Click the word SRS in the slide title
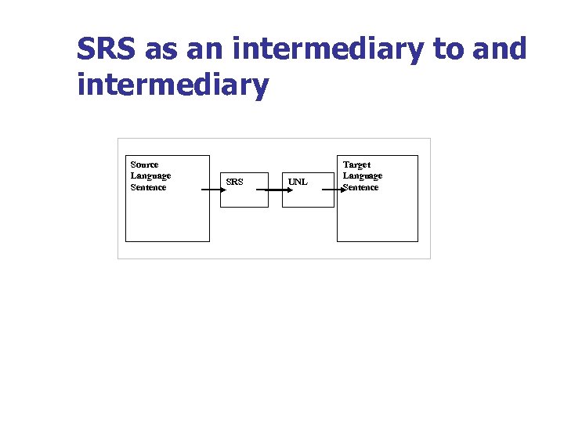pyautogui.click(x=107, y=49)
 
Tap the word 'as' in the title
pyautogui.click(x=161, y=49)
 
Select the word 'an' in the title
pyautogui.click(x=203, y=49)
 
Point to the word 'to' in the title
pyautogui.click(x=449, y=49)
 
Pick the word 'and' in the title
pyautogui.click(x=501, y=49)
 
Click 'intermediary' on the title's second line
pyautogui.click(x=172, y=85)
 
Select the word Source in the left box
pyautogui.click(x=144, y=164)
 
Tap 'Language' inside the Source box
pyautogui.click(x=150, y=175)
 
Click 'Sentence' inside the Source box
pyautogui.click(x=148, y=187)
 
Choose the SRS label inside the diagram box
pyautogui.click(x=234, y=183)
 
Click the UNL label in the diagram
pyautogui.click(x=298, y=183)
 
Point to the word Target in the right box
pyautogui.click(x=357, y=164)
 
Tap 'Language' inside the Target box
pyautogui.click(x=363, y=175)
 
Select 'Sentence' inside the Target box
pyautogui.click(x=361, y=187)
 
